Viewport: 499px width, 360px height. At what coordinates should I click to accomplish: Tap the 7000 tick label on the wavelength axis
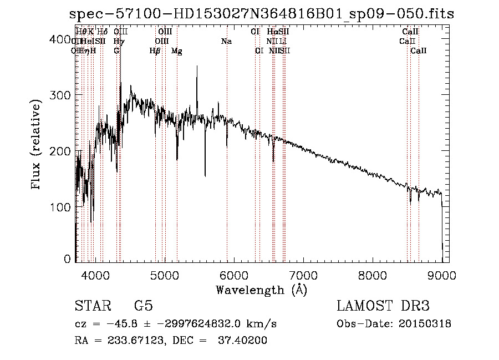point(303,276)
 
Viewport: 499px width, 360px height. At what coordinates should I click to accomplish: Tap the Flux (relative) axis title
point(37,146)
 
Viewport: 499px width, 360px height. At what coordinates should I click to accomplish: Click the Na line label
point(226,42)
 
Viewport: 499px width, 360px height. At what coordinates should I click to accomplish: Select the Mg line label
point(176,51)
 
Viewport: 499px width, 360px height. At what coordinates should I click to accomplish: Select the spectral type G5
point(144,306)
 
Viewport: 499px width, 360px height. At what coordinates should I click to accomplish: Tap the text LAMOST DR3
point(383,306)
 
